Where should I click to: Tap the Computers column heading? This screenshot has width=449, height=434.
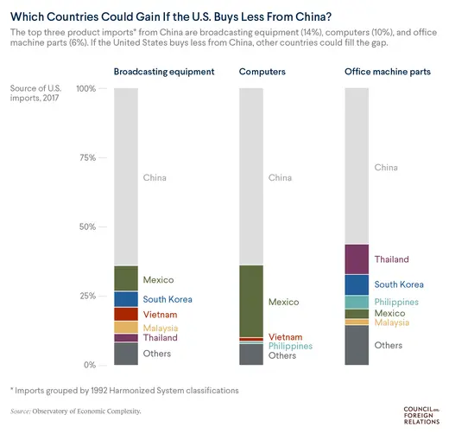[262, 72]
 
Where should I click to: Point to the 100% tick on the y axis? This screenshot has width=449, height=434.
[85, 89]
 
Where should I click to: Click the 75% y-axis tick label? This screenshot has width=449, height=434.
[87, 158]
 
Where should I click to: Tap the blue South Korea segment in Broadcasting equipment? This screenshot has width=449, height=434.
[126, 299]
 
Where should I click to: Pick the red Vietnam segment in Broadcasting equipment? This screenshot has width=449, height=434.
[126, 314]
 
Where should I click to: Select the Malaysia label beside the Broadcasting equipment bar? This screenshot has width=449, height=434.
[161, 328]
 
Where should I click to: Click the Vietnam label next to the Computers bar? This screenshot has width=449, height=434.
[285, 336]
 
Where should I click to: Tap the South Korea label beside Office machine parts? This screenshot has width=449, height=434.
[399, 284]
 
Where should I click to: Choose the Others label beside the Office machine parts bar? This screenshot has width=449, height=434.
[388, 345]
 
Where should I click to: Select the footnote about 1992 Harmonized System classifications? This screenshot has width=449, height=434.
[126, 391]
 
